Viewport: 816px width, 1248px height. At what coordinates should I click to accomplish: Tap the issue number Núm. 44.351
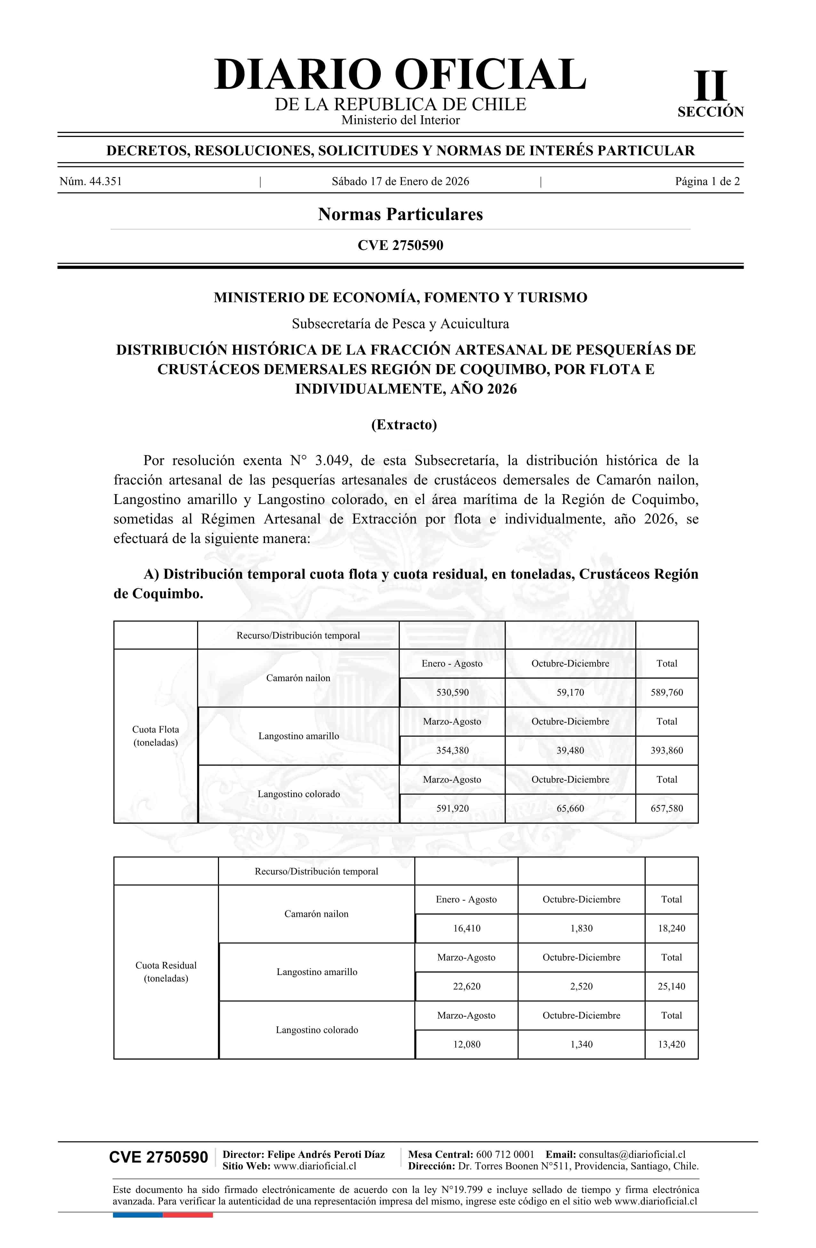pos(91,181)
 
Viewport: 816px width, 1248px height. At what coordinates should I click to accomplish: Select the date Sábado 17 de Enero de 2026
pos(400,181)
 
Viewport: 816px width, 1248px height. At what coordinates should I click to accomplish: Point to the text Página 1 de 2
pos(707,181)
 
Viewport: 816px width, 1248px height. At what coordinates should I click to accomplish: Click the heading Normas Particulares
pos(400,214)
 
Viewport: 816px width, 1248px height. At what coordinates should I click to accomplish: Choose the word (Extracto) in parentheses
pos(404,424)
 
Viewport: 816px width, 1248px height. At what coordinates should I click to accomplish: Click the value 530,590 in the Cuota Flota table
pos(452,692)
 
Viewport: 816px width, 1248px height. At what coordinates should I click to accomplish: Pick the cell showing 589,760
pos(667,692)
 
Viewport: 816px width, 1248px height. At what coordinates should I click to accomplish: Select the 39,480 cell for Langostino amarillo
pos(570,750)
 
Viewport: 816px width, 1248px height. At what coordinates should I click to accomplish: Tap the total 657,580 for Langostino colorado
pos(667,808)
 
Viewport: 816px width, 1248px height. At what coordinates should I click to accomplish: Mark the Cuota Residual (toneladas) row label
pos(166,972)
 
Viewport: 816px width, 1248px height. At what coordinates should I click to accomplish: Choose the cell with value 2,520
pos(581,986)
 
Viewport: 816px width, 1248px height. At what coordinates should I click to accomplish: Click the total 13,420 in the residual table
pos(671,1044)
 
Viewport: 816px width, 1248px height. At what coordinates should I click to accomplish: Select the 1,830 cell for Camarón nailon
pos(581,928)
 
